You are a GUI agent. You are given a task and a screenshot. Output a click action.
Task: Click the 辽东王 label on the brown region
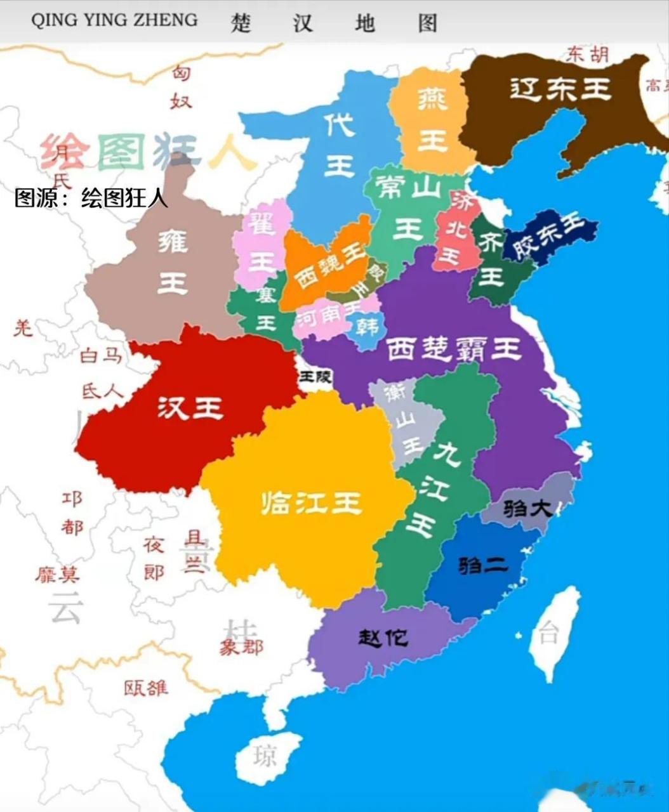[560, 89]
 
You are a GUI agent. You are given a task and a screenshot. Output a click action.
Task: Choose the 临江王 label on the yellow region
[311, 503]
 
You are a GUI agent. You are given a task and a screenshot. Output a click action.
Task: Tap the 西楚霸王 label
[453, 348]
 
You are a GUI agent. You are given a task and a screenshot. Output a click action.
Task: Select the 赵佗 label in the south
[382, 637]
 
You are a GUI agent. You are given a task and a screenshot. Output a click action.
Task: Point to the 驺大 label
[527, 507]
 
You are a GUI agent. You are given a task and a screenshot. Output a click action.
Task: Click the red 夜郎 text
[154, 558]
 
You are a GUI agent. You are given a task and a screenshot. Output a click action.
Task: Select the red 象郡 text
[241, 648]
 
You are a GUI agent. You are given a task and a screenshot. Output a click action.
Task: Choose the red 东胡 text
[588, 55]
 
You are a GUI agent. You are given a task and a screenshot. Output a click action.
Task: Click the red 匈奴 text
[181, 87]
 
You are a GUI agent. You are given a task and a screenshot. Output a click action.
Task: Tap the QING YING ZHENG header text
[114, 20]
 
